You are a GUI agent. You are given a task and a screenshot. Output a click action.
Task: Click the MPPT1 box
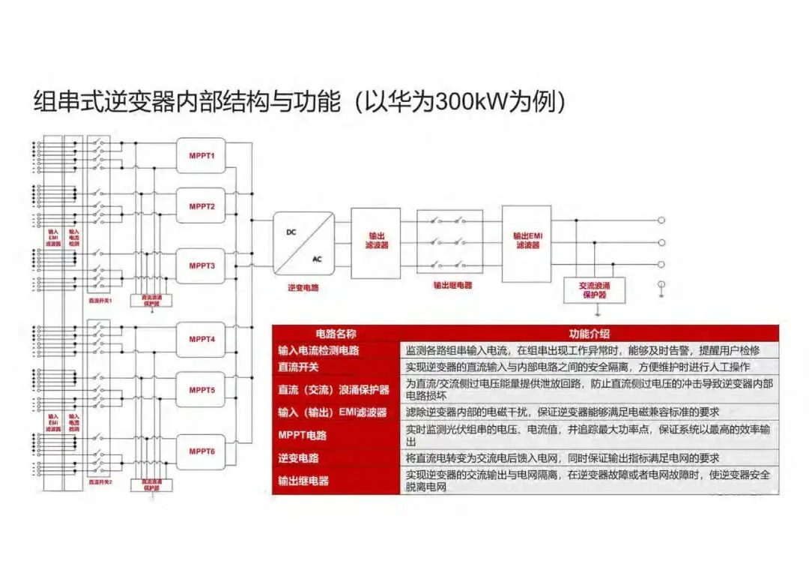coord(202,156)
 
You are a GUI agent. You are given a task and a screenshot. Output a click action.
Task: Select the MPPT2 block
coord(202,206)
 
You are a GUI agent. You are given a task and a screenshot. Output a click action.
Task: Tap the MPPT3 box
coord(202,265)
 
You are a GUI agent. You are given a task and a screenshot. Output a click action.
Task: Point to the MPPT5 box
coord(202,390)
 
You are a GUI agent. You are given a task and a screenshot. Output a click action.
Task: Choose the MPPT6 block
coord(202,451)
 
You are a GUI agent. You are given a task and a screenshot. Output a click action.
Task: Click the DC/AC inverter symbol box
coord(303,244)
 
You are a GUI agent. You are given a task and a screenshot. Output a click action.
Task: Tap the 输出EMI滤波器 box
coord(527,240)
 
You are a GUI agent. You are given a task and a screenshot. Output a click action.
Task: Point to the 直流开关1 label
coord(100,300)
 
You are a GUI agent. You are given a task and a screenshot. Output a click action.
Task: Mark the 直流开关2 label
coord(100,481)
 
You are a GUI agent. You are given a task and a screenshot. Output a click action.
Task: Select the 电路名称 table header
coord(336,333)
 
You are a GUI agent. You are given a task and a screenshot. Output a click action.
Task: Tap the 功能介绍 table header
coord(590,333)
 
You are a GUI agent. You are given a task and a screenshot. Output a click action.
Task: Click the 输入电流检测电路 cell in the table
coord(318,350)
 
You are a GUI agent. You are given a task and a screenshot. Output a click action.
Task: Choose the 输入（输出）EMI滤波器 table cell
coord(333,412)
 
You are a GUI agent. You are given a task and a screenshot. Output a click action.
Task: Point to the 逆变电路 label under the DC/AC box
coord(303,287)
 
